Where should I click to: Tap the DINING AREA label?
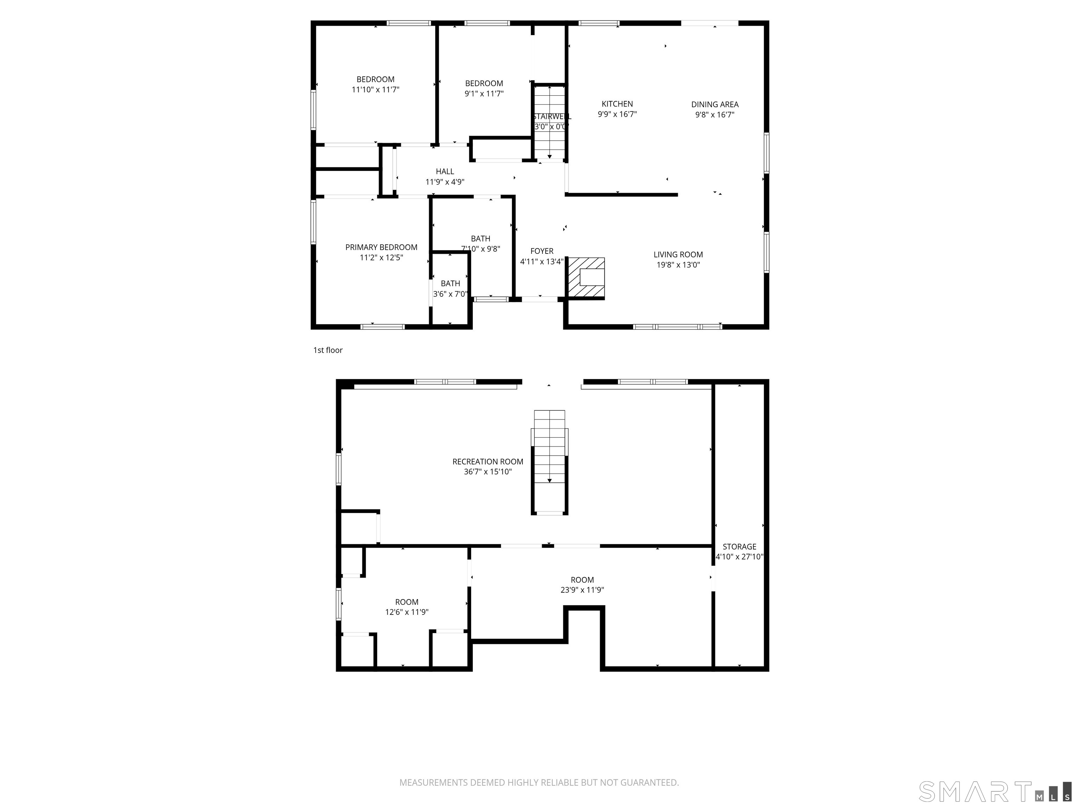pyautogui.click(x=714, y=104)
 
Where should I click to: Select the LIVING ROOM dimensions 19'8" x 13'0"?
pyautogui.click(x=678, y=265)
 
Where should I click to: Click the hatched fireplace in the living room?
pyautogui.click(x=586, y=278)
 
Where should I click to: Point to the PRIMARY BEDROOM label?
pyautogui.click(x=381, y=247)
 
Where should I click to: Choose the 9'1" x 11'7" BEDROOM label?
pyautogui.click(x=484, y=83)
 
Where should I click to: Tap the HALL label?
pyautogui.click(x=445, y=171)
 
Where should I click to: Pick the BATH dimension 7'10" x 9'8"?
pyautogui.click(x=481, y=249)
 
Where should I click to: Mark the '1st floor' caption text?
pyautogui.click(x=328, y=350)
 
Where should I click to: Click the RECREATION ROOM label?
pyautogui.click(x=487, y=461)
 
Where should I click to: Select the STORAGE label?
pyautogui.click(x=739, y=547)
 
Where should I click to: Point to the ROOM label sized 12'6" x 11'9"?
pyautogui.click(x=407, y=602)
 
